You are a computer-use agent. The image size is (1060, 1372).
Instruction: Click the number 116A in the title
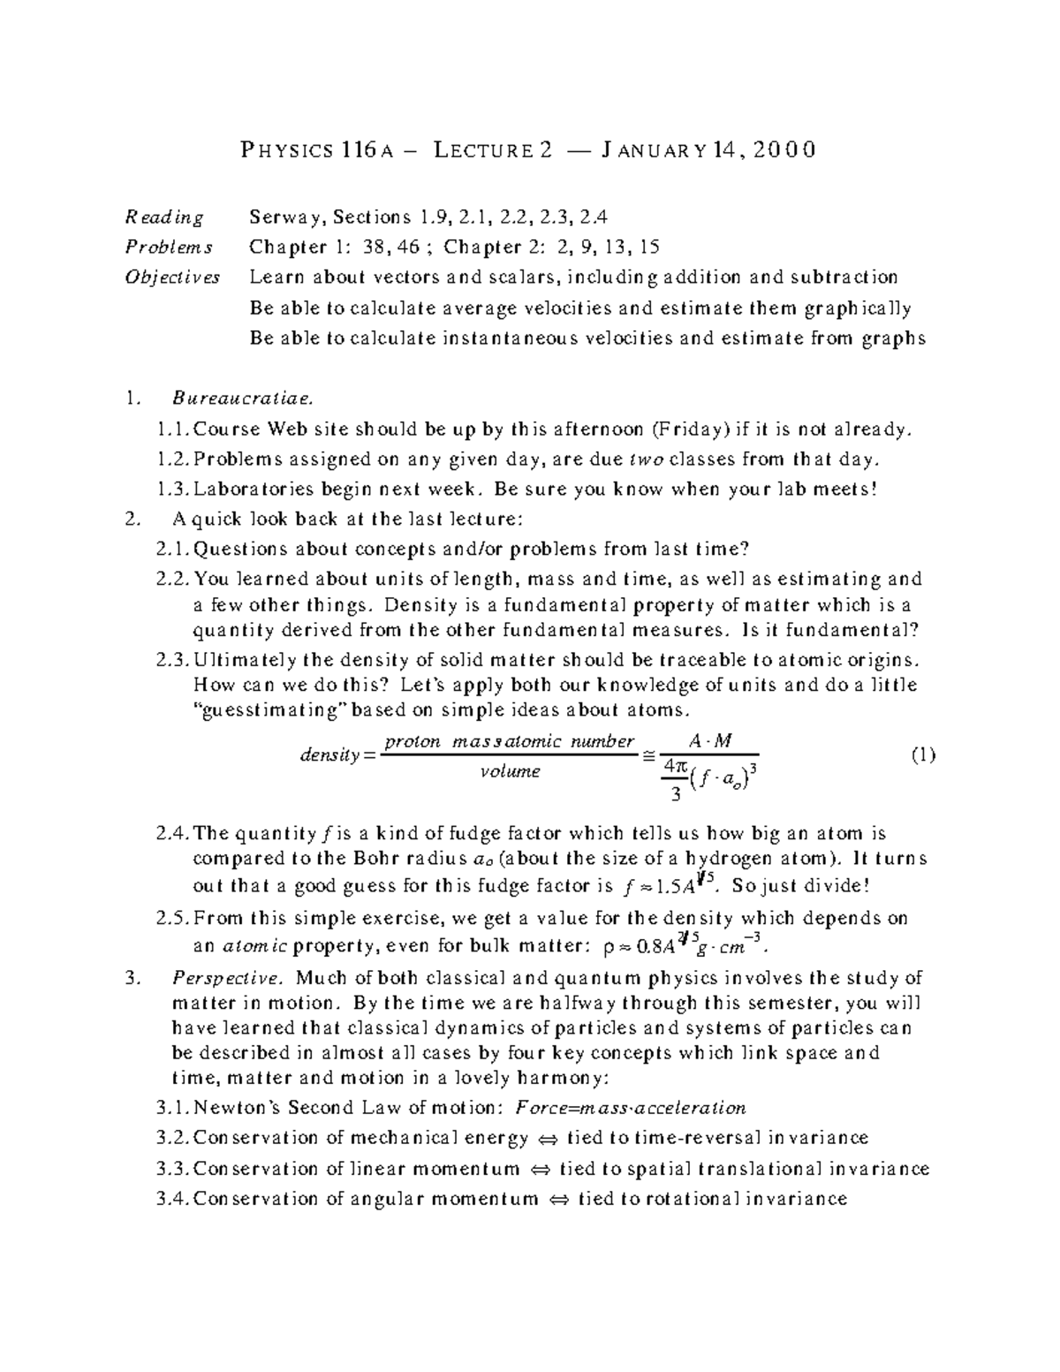point(367,151)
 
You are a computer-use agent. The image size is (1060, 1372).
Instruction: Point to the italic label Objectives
point(172,277)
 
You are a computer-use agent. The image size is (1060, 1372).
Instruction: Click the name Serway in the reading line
point(280,217)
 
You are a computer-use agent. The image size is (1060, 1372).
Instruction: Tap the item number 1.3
point(172,489)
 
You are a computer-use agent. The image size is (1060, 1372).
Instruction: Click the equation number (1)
point(922,755)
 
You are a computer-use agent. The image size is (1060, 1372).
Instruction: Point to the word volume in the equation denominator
point(510,771)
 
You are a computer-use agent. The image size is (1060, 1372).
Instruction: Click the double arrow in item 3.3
point(538,1169)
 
